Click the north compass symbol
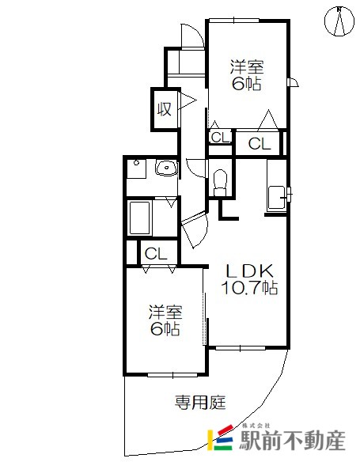[x=339, y=21]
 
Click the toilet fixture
[x=220, y=183]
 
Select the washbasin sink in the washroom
[x=167, y=168]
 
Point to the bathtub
[x=139, y=218]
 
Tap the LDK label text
[x=249, y=271]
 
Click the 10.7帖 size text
[x=249, y=288]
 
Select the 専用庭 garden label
[x=200, y=402]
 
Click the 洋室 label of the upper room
[x=247, y=67]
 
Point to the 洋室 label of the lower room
[x=165, y=312]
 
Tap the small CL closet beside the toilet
[x=221, y=138]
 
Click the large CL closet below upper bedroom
[x=260, y=143]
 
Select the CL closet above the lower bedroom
[x=156, y=253]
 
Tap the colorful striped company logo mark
[x=221, y=437]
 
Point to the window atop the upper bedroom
[x=234, y=21]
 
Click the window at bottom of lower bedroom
[x=172, y=375]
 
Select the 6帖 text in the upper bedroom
[x=247, y=84]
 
